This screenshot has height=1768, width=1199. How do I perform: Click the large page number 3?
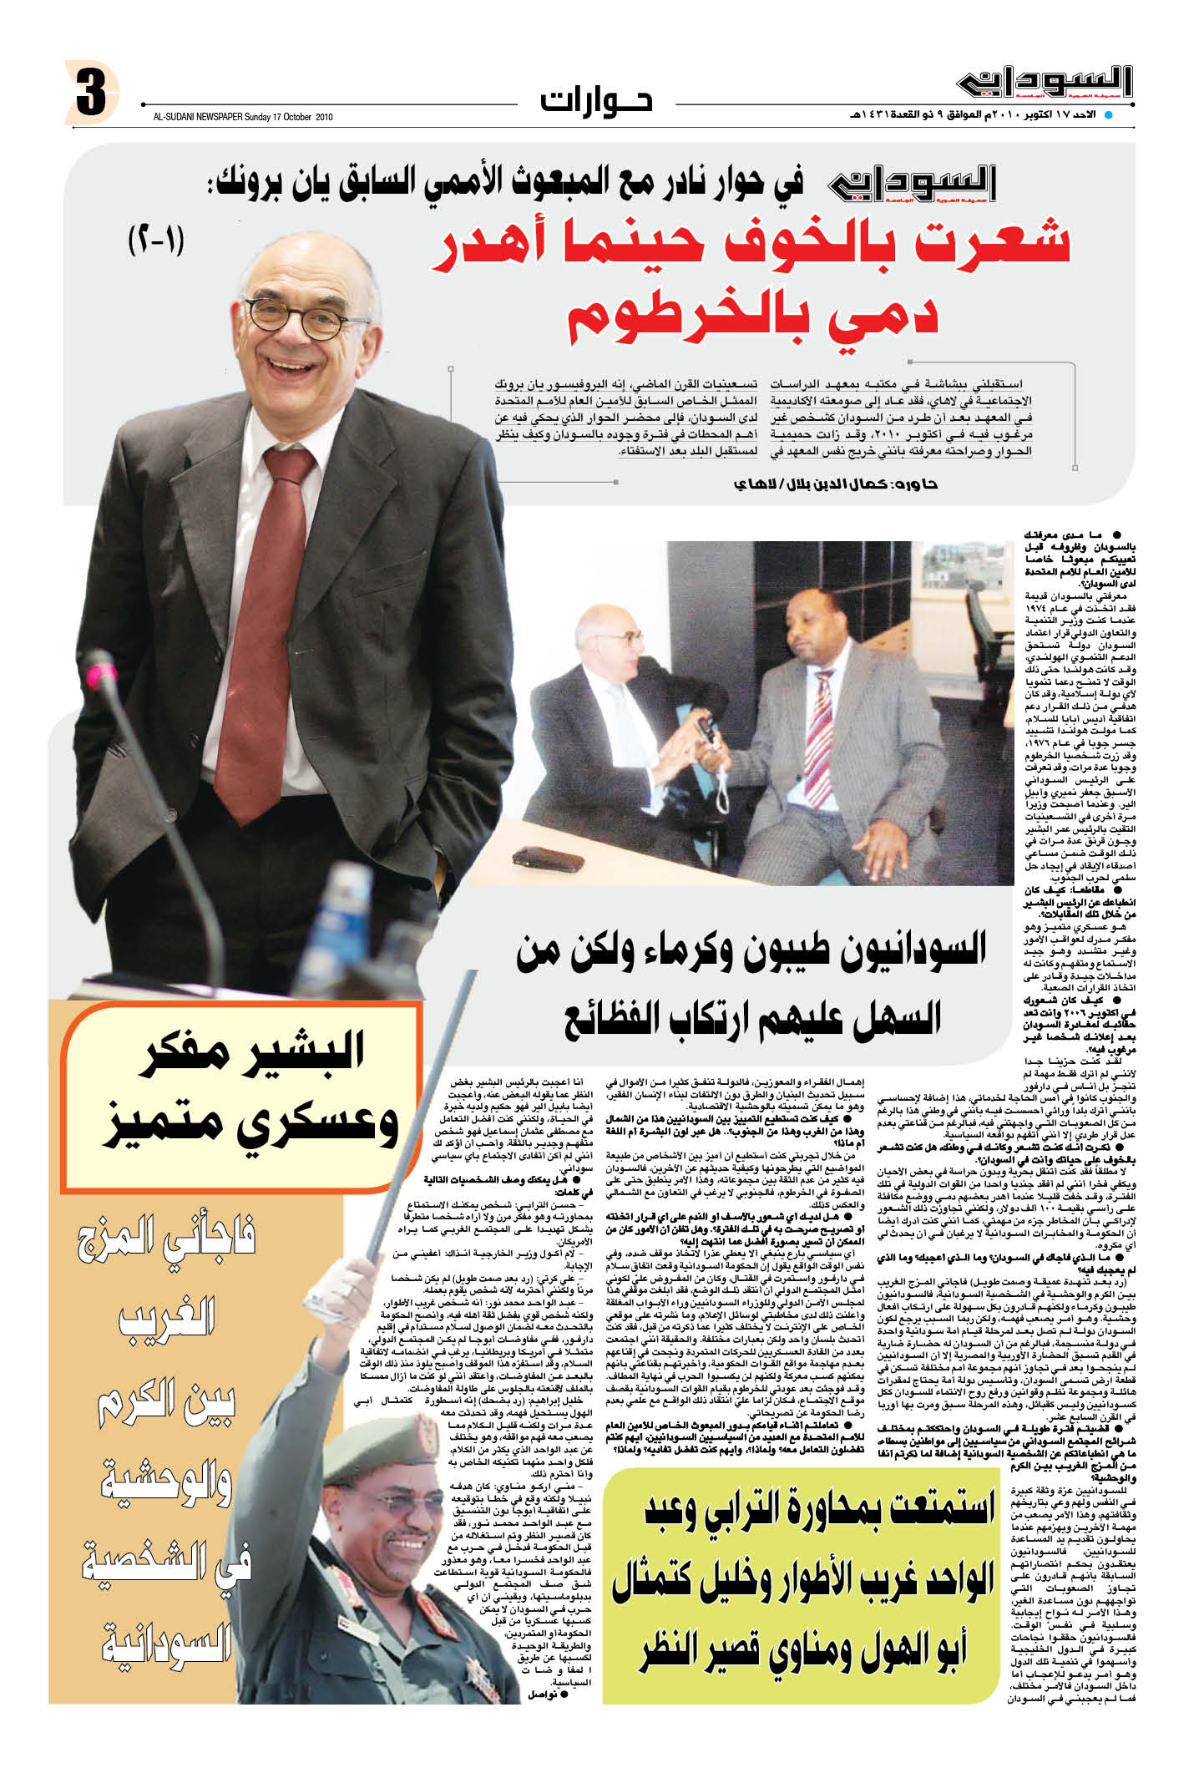(90, 94)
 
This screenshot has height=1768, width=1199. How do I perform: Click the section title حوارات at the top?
(596, 100)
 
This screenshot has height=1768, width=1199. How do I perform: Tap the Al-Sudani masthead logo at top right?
(1045, 84)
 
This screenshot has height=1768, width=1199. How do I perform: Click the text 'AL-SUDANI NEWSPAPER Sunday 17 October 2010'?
(242, 118)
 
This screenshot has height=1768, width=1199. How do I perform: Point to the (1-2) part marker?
(157, 242)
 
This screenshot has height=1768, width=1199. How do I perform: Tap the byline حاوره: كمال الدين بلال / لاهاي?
(835, 485)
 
